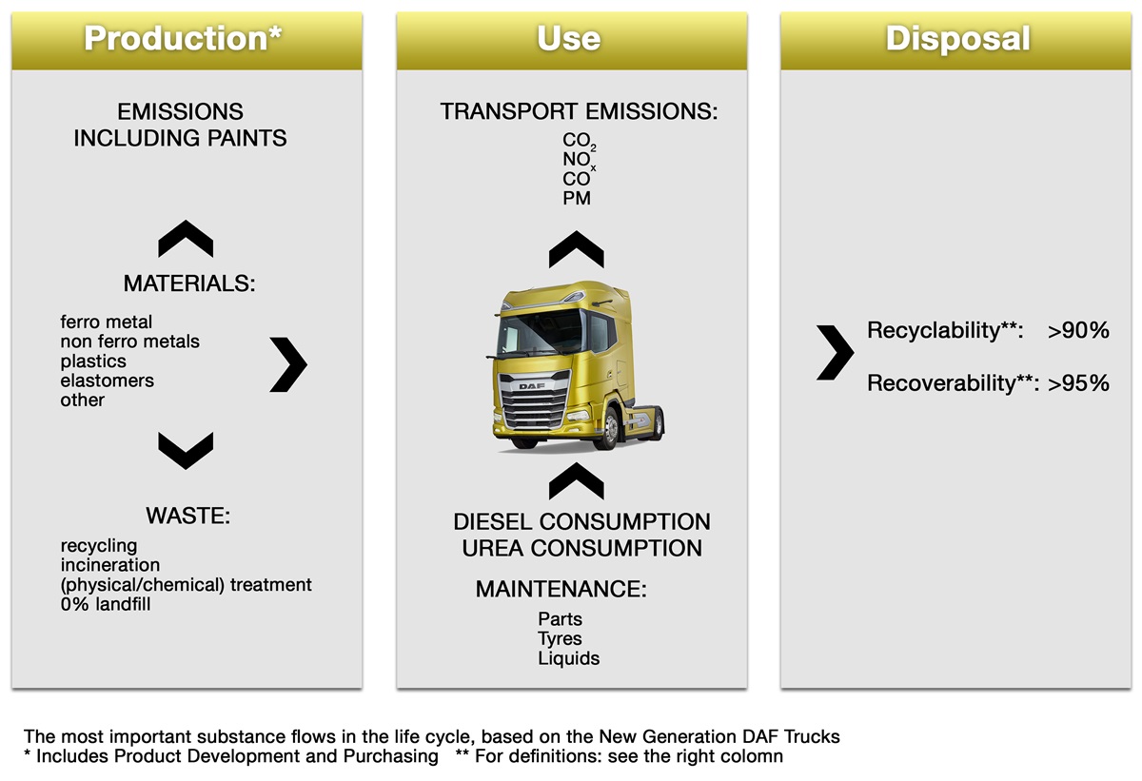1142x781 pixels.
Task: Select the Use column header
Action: (x=569, y=39)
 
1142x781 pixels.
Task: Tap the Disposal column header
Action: (x=957, y=39)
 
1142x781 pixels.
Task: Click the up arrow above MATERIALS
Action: (x=186, y=239)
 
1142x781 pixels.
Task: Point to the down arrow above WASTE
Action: (x=186, y=450)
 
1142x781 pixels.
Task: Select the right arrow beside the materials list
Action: (x=288, y=361)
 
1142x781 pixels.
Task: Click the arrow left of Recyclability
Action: (x=835, y=351)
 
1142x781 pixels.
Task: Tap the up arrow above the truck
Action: (x=576, y=249)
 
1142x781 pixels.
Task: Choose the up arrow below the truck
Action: (x=576, y=481)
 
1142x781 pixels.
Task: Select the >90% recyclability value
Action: (x=1078, y=331)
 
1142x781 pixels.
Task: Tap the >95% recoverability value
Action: (x=1078, y=383)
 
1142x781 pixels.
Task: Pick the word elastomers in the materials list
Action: (x=107, y=381)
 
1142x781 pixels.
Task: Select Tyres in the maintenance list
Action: (x=560, y=638)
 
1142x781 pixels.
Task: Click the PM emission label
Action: (x=577, y=199)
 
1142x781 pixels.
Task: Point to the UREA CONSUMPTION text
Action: (x=581, y=549)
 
